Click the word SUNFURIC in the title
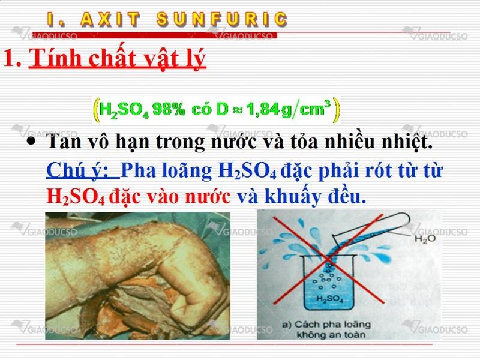point(222,19)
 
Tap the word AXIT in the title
point(110,19)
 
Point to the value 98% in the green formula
point(169,109)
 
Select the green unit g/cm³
point(306,109)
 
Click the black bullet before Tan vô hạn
point(31,142)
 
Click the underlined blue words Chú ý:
point(83,170)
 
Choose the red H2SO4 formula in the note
point(76,197)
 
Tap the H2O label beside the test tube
point(425,239)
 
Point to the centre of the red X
point(328,260)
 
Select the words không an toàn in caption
point(331,334)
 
